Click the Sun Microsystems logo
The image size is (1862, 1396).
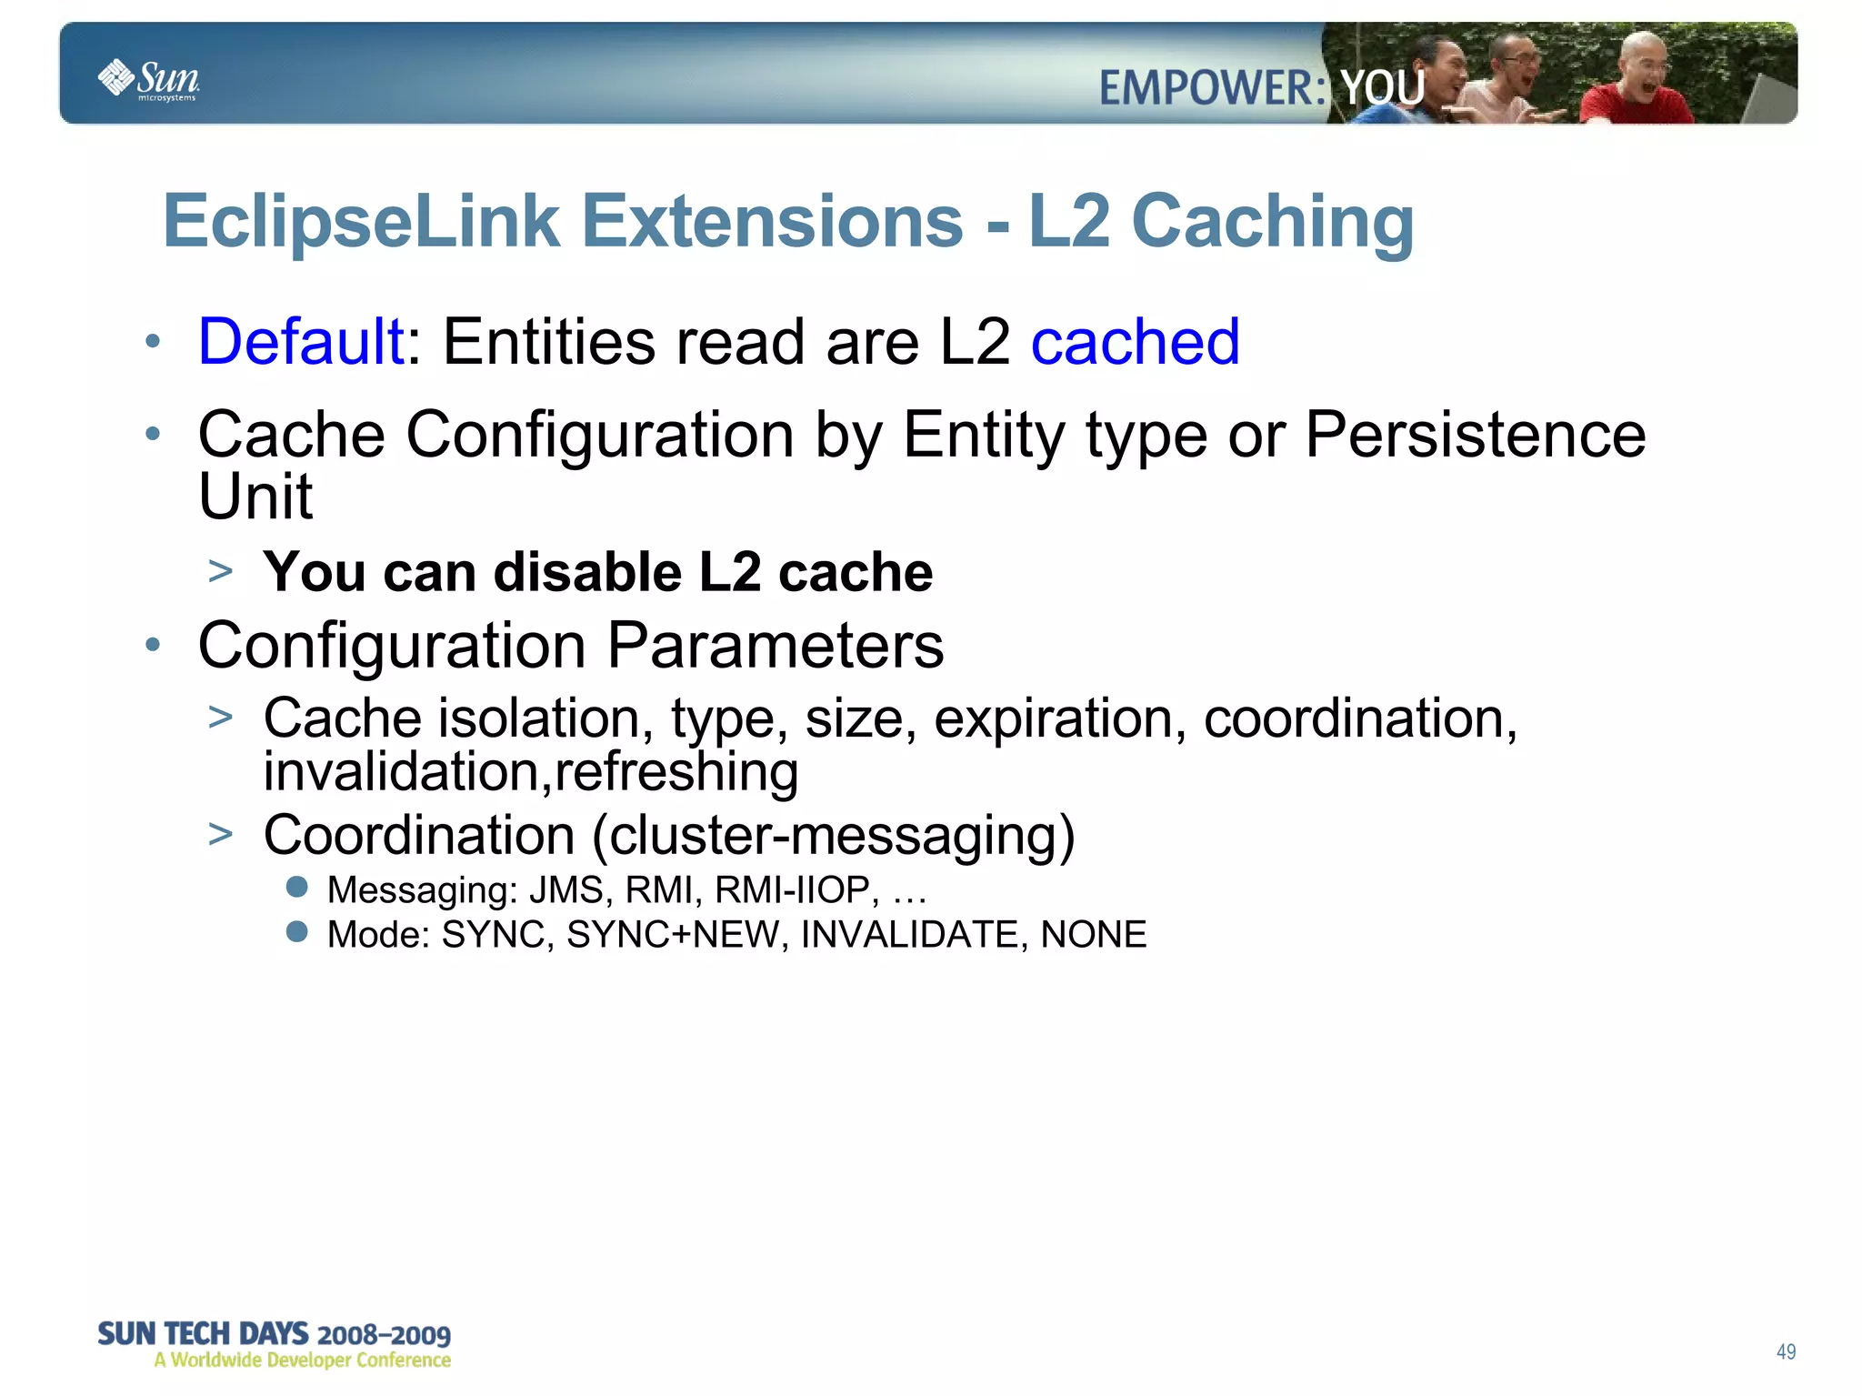point(148,79)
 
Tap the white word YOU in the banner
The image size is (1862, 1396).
point(1382,88)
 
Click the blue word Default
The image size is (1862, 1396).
point(301,342)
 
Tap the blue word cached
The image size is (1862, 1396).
point(1135,342)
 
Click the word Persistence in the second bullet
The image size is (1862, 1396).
point(1475,435)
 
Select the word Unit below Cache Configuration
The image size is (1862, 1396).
point(255,497)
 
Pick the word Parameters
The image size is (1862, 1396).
point(775,645)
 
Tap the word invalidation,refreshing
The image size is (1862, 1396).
point(531,771)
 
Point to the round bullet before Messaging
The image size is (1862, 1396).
point(296,887)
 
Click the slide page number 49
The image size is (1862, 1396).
point(1786,1351)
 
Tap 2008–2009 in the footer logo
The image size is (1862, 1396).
point(384,1335)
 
